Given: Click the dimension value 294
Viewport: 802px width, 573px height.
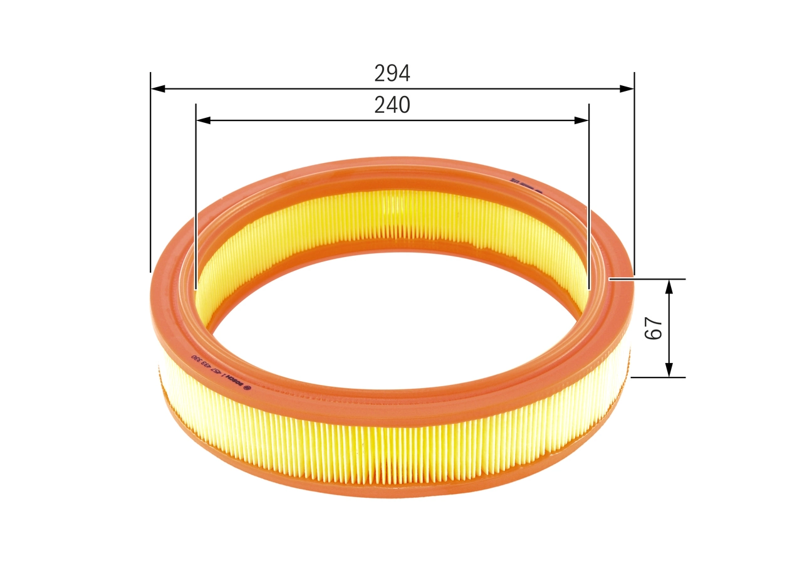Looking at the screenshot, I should click(x=392, y=74).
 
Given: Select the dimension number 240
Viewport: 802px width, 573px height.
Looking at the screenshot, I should click(x=392, y=105).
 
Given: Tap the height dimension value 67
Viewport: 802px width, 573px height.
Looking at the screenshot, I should click(x=654, y=328).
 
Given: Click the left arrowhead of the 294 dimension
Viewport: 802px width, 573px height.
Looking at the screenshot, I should click(x=158, y=89).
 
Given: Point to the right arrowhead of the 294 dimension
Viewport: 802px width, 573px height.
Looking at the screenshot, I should click(x=627, y=89).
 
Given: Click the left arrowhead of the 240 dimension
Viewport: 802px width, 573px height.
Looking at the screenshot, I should click(x=203, y=120).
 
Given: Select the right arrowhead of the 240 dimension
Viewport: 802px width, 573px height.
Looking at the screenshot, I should click(x=582, y=120).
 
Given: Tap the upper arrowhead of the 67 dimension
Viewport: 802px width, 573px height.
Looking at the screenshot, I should click(x=669, y=286).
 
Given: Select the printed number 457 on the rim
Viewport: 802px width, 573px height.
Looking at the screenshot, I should click(x=217, y=372).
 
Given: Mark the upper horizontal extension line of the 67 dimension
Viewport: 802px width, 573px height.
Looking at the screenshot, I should click(x=652, y=278).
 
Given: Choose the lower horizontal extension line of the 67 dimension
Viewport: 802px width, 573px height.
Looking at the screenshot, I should click(x=658, y=377).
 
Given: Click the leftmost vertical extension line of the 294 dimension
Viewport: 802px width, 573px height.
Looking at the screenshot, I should click(x=151, y=188).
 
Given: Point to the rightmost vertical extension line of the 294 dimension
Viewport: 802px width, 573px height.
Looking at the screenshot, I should click(x=634, y=188).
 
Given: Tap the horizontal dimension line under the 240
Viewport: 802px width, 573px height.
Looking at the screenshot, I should click(x=392, y=120).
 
